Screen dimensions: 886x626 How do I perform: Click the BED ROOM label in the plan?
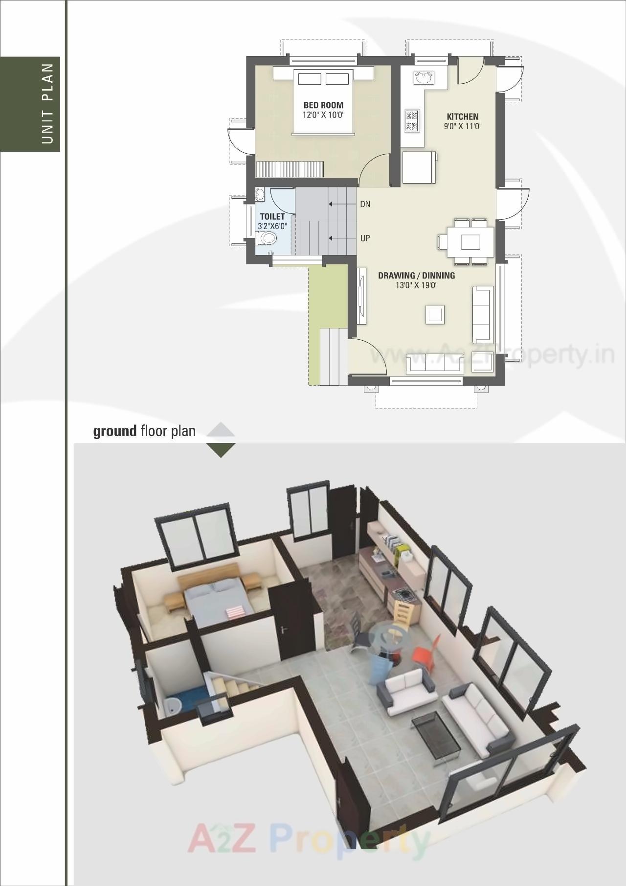tap(323, 105)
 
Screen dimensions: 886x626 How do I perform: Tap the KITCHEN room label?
tap(462, 117)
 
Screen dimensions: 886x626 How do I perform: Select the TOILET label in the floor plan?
tap(272, 216)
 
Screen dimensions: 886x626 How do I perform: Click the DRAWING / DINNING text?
tap(416, 276)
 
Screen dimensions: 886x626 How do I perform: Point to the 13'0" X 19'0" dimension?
tap(416, 285)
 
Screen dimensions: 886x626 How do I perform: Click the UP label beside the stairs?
tap(365, 238)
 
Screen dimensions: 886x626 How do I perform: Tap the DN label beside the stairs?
tap(365, 204)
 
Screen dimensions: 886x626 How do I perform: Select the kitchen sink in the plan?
tap(424, 77)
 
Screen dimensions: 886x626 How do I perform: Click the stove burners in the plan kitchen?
tap(412, 121)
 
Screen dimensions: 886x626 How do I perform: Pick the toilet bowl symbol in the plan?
tap(268, 238)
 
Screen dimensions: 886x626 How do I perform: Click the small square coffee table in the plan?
tap(435, 314)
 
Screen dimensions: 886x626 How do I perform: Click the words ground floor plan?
tap(144, 431)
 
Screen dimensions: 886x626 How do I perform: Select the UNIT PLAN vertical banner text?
tap(47, 103)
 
